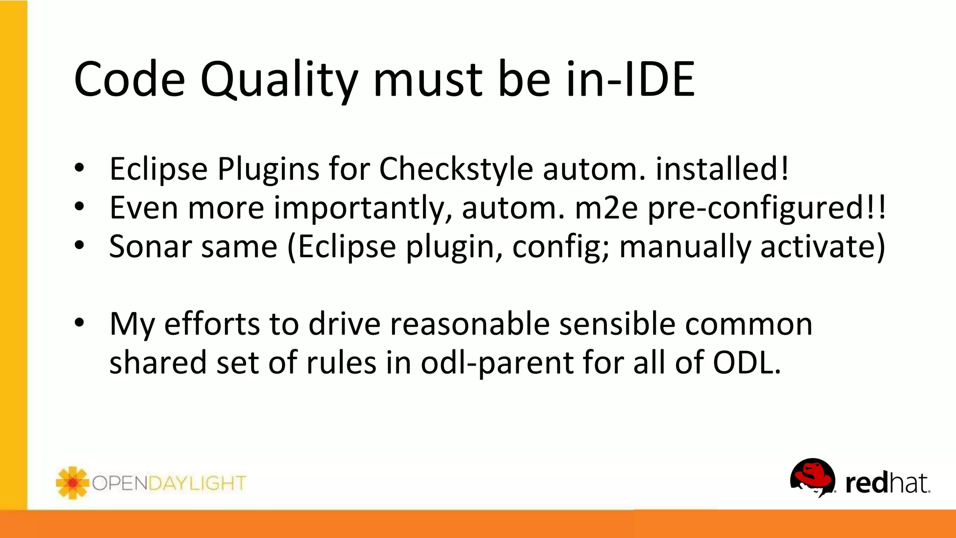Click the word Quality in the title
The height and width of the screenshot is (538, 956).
click(x=279, y=80)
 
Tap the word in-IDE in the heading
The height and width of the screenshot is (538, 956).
click(x=630, y=80)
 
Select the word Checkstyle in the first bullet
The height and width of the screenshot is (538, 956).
click(x=456, y=169)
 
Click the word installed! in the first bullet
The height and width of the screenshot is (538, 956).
click(x=722, y=169)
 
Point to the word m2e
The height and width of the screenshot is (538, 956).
click(x=606, y=208)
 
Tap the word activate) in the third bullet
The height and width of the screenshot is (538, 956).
click(x=822, y=247)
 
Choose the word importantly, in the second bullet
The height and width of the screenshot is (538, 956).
click(x=363, y=209)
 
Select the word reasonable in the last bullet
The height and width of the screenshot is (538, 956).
click(x=470, y=324)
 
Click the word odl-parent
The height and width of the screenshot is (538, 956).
click(x=497, y=363)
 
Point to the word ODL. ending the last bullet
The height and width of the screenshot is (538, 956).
click(x=746, y=363)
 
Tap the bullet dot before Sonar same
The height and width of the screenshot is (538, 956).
click(x=79, y=246)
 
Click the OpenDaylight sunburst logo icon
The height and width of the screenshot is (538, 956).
click(x=72, y=482)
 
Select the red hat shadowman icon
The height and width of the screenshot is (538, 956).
click(x=813, y=477)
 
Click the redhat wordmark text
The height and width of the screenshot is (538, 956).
click(x=887, y=483)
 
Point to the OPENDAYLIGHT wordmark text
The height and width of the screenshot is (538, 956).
click(x=169, y=483)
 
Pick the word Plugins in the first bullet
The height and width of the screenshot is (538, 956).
click(x=268, y=169)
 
